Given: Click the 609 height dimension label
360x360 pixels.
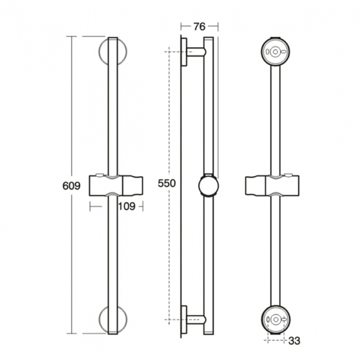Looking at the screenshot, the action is pyautogui.click(x=71, y=186).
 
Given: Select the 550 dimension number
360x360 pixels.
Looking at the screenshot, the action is pyautogui.click(x=167, y=183).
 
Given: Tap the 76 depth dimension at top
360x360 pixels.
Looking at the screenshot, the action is pyautogui.click(x=199, y=27).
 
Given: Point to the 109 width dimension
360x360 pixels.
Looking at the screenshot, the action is pyautogui.click(x=126, y=207).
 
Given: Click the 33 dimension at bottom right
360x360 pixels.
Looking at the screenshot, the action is pyautogui.click(x=294, y=341).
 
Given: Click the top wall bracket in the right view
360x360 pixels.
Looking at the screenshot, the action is pyautogui.click(x=275, y=52).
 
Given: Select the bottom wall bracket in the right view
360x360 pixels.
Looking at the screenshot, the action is pyautogui.click(x=275, y=320).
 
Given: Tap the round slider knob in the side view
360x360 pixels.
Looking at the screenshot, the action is pyautogui.click(x=208, y=186).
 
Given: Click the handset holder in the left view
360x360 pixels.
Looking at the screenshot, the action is pyautogui.click(x=116, y=186).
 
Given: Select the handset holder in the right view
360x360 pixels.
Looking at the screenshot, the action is pyautogui.click(x=272, y=186).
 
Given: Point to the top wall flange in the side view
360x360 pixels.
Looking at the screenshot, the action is pyautogui.click(x=184, y=52).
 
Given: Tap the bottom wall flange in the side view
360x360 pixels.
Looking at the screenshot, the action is pyautogui.click(x=184, y=320).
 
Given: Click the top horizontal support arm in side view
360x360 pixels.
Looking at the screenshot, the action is pyautogui.click(x=196, y=52).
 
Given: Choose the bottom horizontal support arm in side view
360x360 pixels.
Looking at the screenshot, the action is pyautogui.click(x=196, y=320).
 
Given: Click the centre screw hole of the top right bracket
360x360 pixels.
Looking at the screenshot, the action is pyautogui.click(x=275, y=52).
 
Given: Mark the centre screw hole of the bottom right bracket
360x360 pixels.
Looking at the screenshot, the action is pyautogui.click(x=275, y=320).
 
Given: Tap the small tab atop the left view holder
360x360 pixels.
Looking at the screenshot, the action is pyautogui.click(x=99, y=175).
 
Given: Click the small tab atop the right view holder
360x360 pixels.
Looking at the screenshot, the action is pyautogui.click(x=289, y=174).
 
